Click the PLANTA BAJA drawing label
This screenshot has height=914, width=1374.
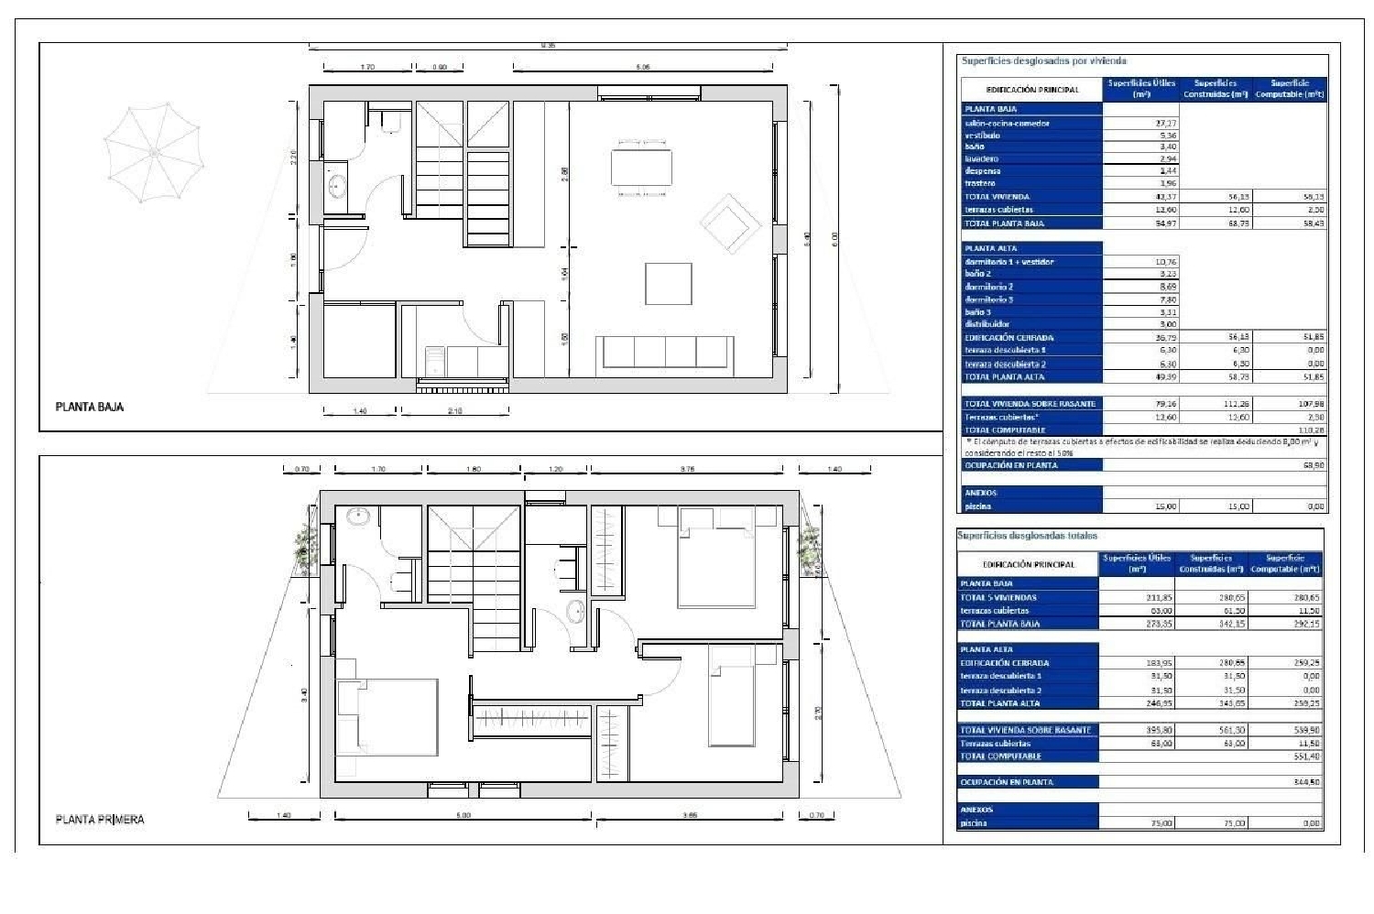click(90, 407)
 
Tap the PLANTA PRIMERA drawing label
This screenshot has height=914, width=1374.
click(100, 819)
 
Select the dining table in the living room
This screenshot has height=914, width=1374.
click(641, 168)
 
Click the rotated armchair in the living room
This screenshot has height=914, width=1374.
click(730, 223)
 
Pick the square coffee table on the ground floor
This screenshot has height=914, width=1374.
click(668, 284)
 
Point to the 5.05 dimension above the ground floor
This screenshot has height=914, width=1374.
click(643, 67)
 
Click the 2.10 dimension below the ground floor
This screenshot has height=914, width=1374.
click(455, 411)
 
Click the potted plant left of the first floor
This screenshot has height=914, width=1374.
click(305, 549)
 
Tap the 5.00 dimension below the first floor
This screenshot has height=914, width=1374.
click(463, 815)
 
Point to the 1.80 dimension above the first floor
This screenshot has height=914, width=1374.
click(473, 469)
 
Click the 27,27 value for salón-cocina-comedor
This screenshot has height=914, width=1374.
click(1166, 123)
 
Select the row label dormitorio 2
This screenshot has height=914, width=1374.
click(989, 287)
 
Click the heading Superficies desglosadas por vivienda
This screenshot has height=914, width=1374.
click(1043, 60)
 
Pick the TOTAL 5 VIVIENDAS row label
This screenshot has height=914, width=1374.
click(998, 597)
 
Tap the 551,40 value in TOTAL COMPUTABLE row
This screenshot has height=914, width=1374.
click(1306, 756)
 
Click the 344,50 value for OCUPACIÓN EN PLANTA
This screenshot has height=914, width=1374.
click(1306, 782)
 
